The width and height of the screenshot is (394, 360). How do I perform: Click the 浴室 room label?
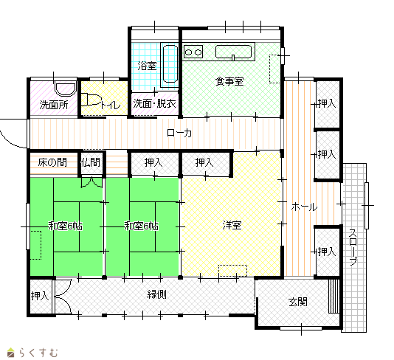click(147, 66)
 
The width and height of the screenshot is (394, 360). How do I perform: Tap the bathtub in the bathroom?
click(170, 63)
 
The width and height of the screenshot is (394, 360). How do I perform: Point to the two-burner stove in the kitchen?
click(193, 52)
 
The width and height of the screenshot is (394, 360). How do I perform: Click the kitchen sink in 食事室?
click(233, 52)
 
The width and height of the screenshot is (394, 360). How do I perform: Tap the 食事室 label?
click(229, 81)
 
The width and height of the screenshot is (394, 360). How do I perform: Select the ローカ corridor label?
click(179, 133)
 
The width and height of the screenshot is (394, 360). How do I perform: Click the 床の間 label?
click(52, 162)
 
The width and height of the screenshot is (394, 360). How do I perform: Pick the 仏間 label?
click(91, 162)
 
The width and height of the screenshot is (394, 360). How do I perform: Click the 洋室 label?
click(232, 225)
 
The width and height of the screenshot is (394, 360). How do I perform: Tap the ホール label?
click(304, 207)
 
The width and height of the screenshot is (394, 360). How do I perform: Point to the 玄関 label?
click(298, 302)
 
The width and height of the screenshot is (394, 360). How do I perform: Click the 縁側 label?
click(157, 294)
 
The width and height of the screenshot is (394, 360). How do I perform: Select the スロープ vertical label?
click(353, 247)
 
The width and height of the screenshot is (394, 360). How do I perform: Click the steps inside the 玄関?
click(333, 297)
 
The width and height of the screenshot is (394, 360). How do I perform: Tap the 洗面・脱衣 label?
click(154, 103)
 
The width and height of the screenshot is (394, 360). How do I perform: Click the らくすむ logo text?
click(38, 353)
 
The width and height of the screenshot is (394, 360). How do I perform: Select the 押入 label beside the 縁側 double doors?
click(40, 296)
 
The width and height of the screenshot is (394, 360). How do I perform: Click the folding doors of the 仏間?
click(91, 183)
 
